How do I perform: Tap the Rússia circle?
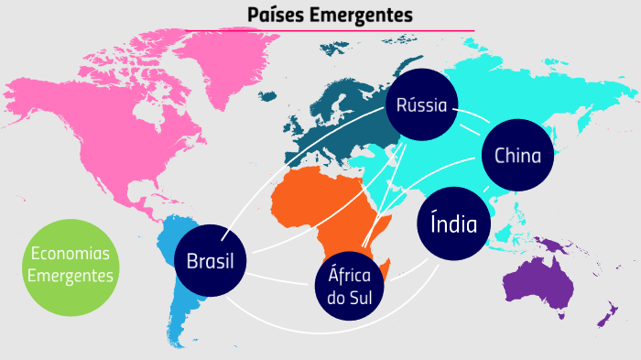coord(421,105)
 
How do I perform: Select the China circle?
coord(517,156)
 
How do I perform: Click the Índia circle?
coord(453,223)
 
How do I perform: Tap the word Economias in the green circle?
coord(70,254)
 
